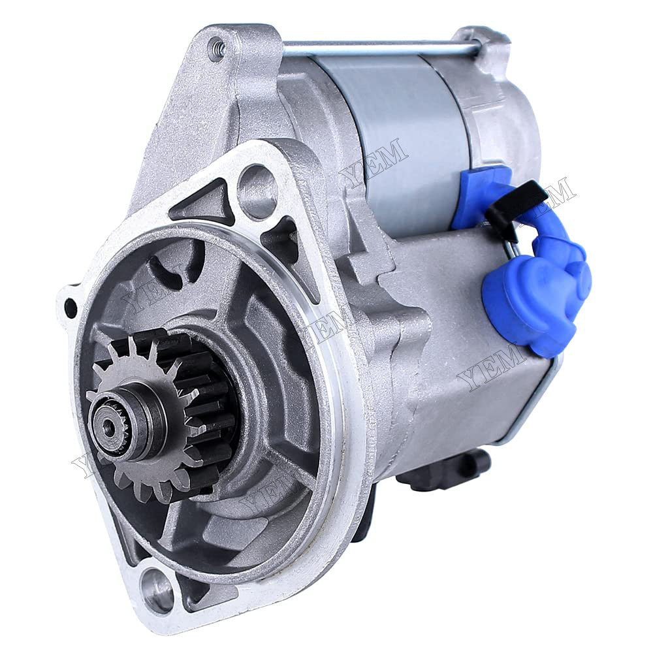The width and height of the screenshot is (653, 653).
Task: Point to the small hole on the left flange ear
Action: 71,308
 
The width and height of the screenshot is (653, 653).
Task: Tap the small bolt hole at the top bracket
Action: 217,47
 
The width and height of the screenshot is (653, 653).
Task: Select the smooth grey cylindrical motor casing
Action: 392,131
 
